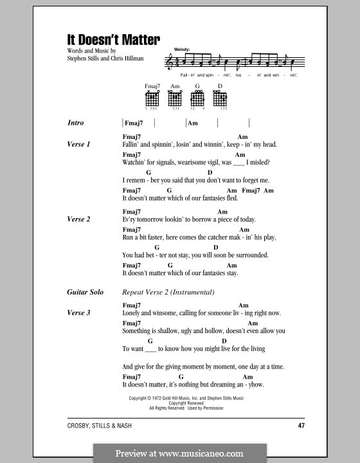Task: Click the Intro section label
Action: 75,123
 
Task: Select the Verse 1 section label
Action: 78,145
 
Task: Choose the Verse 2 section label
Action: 78,219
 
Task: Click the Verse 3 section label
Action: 78,313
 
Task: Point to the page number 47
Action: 301,426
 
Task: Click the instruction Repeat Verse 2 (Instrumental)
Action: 168,293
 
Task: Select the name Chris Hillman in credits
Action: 129,57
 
